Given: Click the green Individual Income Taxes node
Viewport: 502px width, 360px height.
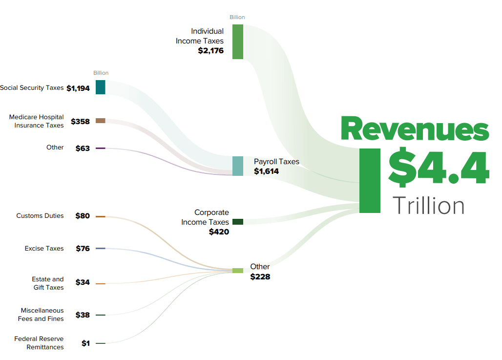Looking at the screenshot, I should tap(238, 42).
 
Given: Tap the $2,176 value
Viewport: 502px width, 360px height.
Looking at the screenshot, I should tap(210, 50).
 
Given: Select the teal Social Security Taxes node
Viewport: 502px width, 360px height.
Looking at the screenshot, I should tap(101, 87).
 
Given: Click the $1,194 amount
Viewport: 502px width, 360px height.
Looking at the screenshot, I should tap(78, 88).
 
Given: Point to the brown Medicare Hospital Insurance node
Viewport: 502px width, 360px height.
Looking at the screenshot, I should tap(101, 121).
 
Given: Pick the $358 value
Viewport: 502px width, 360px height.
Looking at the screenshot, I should tap(80, 121).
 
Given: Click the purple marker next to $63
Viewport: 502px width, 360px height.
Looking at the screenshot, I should tap(101, 148).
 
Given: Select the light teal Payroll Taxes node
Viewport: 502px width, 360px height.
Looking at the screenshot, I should tap(238, 166).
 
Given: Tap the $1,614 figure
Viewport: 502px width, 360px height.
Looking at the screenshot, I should tap(266, 171).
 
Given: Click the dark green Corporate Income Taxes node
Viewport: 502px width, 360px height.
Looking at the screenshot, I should tap(238, 222).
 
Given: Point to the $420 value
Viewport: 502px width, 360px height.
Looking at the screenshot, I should tap(219, 232).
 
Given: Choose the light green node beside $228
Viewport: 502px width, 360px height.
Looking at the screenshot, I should tap(238, 271).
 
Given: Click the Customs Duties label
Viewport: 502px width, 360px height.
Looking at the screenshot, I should tap(40, 215).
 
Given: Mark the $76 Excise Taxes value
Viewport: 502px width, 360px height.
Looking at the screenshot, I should tap(83, 249).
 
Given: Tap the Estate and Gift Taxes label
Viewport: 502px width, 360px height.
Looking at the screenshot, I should tap(48, 283).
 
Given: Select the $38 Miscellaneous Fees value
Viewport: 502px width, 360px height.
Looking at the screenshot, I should tap(83, 315).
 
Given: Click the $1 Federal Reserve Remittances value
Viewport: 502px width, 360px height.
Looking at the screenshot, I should tap(85, 343).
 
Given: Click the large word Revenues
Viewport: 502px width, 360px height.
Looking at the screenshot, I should tap(415, 129).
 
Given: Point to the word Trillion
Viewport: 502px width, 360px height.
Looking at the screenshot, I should tap(428, 205).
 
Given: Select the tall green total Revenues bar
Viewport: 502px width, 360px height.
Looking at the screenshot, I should tap(370, 181).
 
